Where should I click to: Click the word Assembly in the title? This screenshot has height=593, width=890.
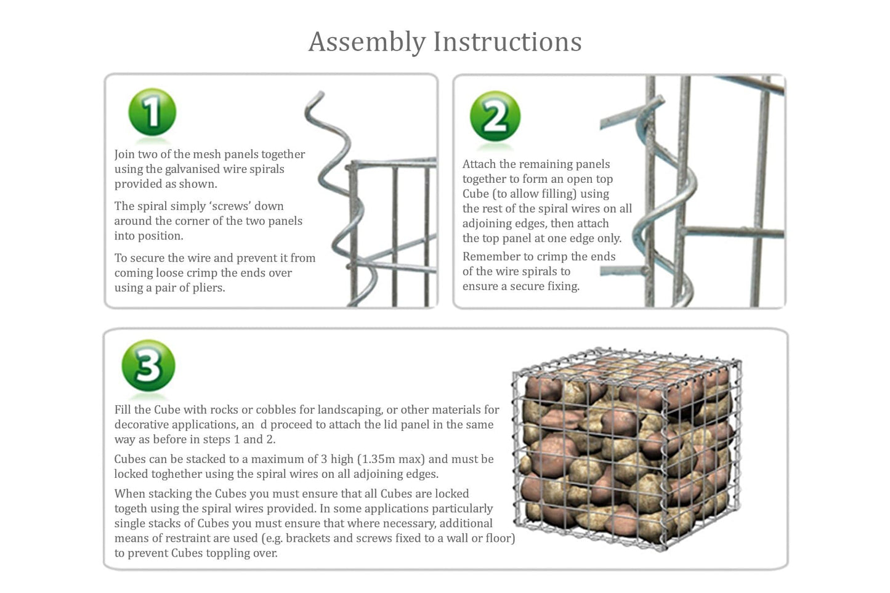(367, 42)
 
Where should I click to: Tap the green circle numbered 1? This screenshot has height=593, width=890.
(152, 112)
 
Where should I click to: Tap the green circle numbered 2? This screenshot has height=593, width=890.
(495, 116)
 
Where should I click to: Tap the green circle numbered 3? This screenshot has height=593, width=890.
(148, 366)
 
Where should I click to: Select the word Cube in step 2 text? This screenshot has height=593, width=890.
(475, 194)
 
